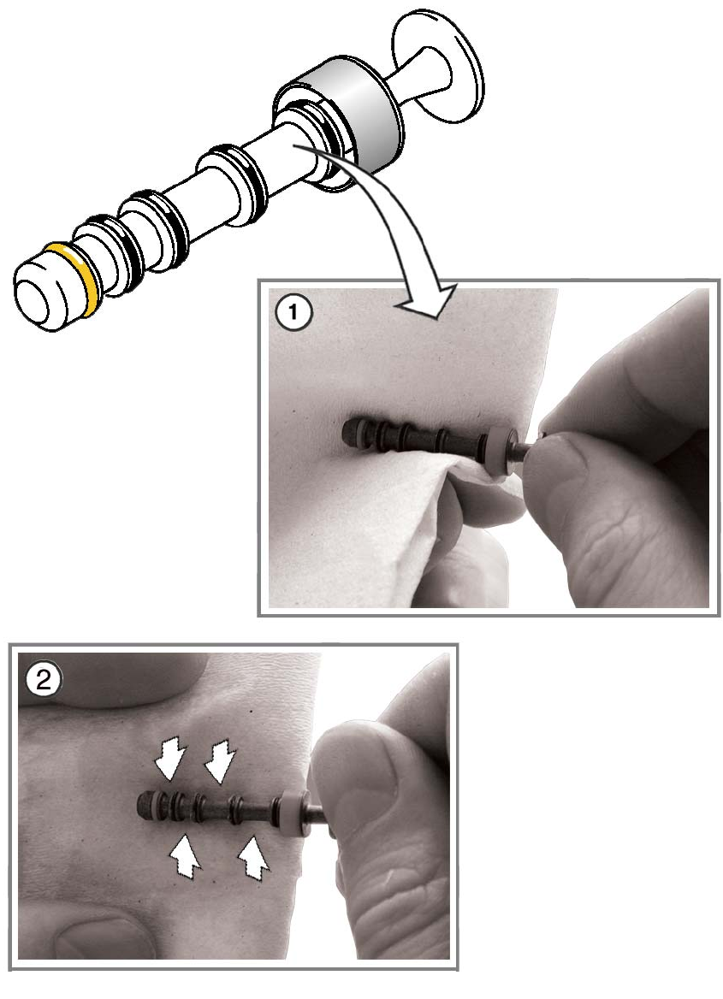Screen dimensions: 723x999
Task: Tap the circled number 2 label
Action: (x=43, y=681)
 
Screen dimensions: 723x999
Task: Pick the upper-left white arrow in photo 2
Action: (x=171, y=758)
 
